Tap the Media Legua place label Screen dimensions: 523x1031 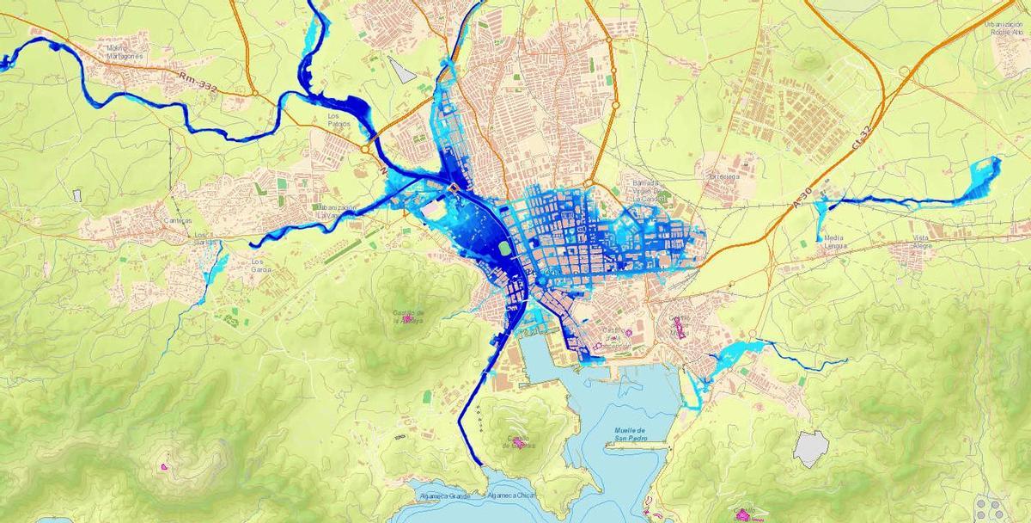pyautogui.click(x=833, y=241)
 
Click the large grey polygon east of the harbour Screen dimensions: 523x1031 pyautogui.click(x=811, y=448)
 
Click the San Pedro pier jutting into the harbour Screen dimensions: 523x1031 pyautogui.click(x=636, y=445)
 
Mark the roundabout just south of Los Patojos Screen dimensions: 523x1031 pyautogui.click(x=365, y=149)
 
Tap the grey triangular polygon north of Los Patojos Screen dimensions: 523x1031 pyautogui.click(x=400, y=70)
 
